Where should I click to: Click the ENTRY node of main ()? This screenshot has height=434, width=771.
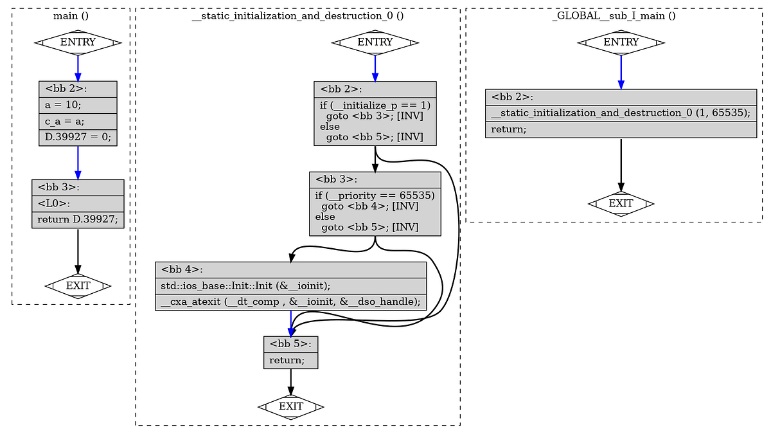78,42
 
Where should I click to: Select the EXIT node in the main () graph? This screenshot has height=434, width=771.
78,285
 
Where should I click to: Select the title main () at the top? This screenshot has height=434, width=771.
71,15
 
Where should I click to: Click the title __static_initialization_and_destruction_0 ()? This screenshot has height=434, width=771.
297,15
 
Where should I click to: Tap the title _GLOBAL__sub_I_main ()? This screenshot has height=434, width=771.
614,15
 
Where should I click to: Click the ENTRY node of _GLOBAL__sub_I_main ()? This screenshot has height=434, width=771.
621,42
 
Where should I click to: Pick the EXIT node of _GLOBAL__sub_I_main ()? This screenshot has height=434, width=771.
621,204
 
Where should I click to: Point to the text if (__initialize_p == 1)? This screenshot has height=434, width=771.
375,105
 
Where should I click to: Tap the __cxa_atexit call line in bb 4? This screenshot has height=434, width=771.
290,302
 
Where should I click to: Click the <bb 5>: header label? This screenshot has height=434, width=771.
290,344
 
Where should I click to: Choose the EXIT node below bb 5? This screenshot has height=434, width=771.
290,406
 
